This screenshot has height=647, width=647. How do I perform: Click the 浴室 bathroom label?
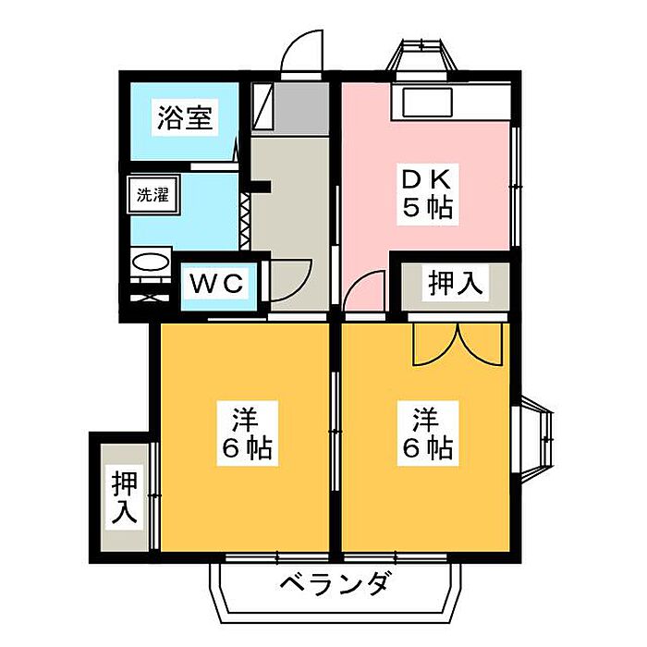click(185, 119)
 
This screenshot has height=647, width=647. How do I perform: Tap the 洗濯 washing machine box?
click(147, 195)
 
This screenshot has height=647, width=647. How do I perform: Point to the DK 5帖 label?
click(426, 193)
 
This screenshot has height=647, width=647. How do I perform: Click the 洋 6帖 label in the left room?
click(245, 434)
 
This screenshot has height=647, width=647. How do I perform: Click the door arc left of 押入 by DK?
click(365, 294)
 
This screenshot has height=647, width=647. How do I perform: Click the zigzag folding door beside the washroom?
click(245, 219)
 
